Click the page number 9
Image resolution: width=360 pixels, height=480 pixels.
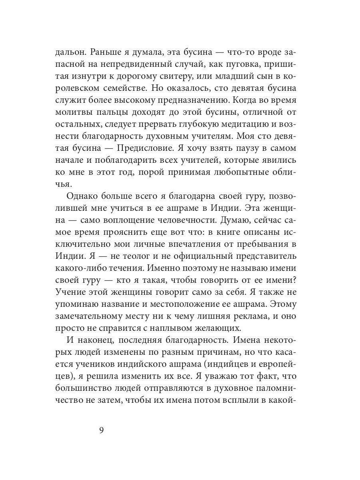(x=101, y=431)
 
